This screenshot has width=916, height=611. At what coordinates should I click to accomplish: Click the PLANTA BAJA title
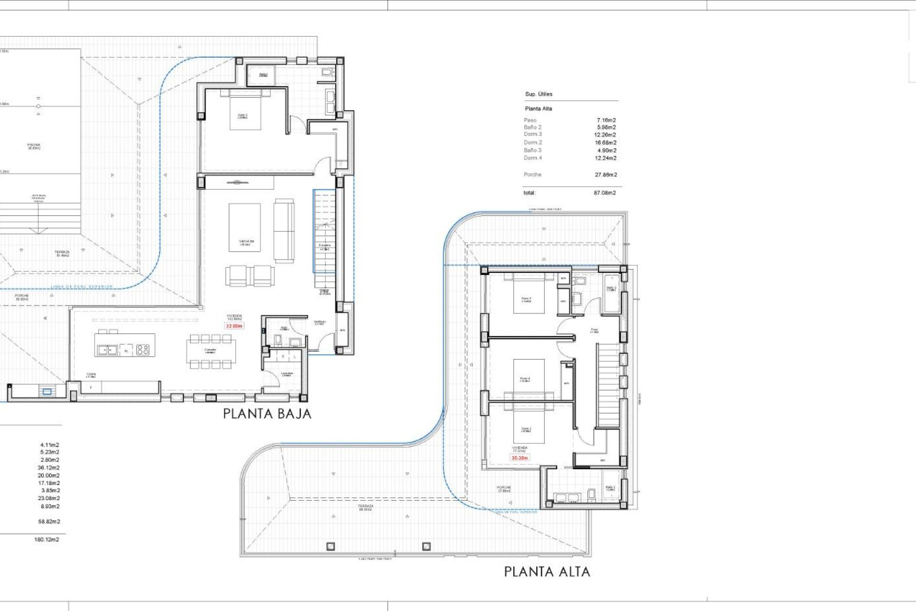pyautogui.click(x=267, y=414)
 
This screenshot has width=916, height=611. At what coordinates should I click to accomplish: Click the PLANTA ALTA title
pyautogui.click(x=547, y=571)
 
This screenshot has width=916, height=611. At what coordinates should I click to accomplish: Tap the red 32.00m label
pyautogui.click(x=234, y=326)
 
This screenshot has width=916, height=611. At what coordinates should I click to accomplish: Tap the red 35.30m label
pyautogui.click(x=520, y=458)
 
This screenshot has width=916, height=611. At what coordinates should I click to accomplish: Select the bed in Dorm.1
pyautogui.click(x=245, y=113)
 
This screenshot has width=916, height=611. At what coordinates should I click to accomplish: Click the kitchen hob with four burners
pyautogui.click(x=143, y=350)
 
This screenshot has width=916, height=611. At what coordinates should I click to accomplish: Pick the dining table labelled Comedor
pyautogui.click(x=210, y=352)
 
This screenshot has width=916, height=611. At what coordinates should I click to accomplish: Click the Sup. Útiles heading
pyautogui.click(x=539, y=94)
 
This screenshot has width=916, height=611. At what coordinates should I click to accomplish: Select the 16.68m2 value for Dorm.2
pyautogui.click(x=605, y=142)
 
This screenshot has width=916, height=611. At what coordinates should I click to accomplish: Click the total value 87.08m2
pyautogui.click(x=604, y=193)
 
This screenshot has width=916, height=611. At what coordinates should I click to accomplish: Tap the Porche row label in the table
pyautogui.click(x=532, y=175)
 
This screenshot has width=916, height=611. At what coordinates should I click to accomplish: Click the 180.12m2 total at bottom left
pyautogui.click(x=47, y=539)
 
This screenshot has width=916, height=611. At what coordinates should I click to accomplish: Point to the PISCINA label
pyautogui.click(x=34, y=145)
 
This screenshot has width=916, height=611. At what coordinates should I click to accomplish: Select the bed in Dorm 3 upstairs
pyautogui.click(x=529, y=296)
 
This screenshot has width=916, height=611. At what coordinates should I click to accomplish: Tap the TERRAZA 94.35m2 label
pyautogui.click(x=366, y=507)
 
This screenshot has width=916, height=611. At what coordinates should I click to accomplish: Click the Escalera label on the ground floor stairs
pyautogui.click(x=324, y=246)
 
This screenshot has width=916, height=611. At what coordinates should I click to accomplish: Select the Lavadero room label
pyautogui.click(x=286, y=374)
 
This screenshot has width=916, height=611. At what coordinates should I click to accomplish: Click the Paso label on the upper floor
pyautogui.click(x=594, y=330)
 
